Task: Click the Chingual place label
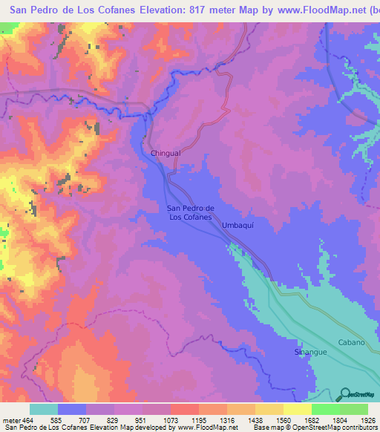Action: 166,153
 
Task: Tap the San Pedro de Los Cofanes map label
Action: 191,213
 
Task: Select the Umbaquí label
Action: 238,223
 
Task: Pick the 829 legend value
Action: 114,420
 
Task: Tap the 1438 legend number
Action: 255,420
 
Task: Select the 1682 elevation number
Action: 311,420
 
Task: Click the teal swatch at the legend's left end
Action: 44,409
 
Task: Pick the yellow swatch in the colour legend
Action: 297,409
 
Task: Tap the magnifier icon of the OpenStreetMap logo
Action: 345,393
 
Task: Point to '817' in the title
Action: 183,10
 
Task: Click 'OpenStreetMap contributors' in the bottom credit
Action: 338,428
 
